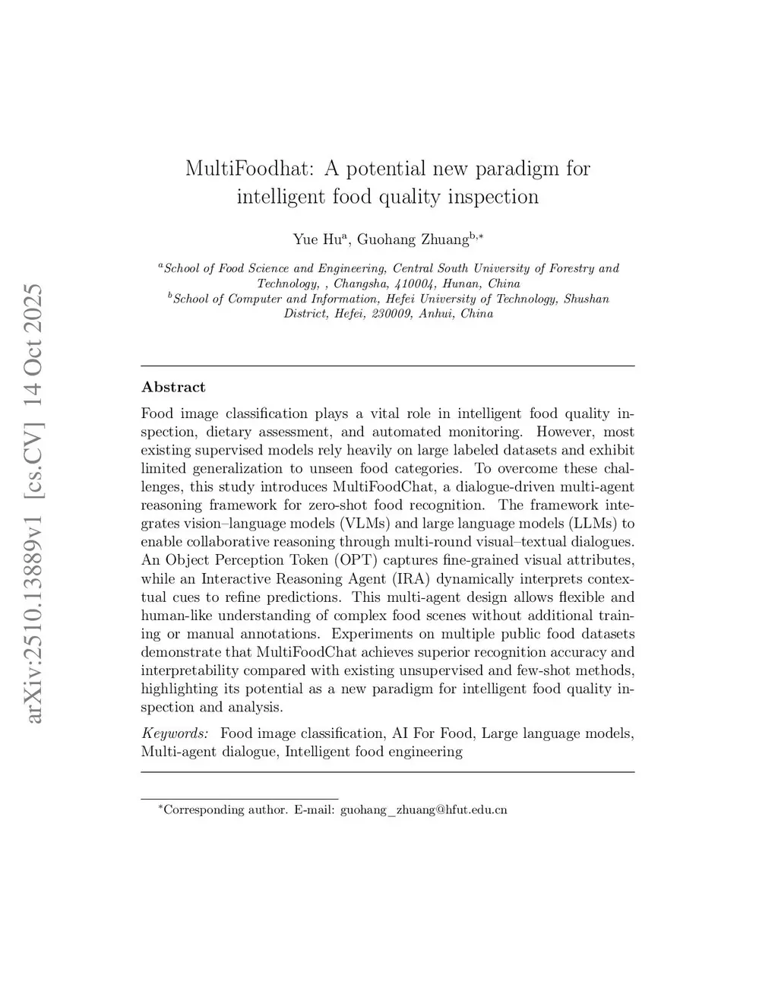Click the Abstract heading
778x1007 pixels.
[173, 387]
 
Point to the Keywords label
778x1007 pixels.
[175, 733]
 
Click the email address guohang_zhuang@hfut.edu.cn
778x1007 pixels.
[423, 809]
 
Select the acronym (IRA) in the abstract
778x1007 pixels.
[411, 579]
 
